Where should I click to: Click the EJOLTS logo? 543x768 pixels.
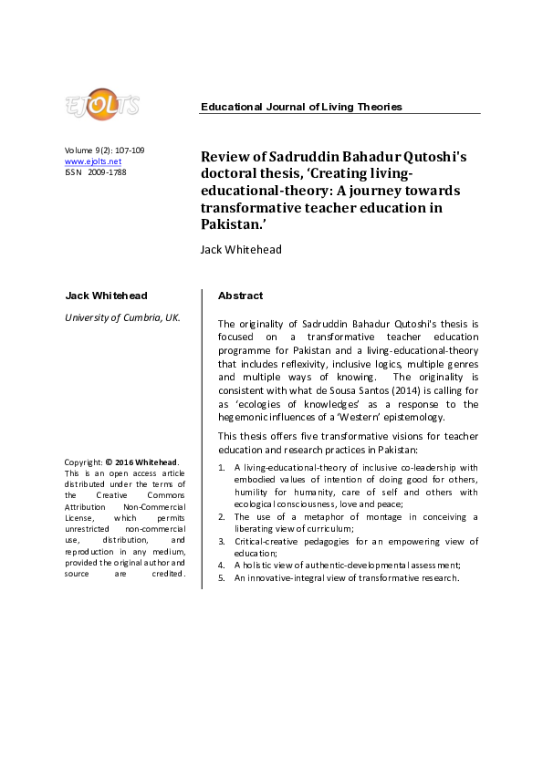101,104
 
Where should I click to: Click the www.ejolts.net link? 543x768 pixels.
93,161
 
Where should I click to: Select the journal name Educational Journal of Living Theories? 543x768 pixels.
301,107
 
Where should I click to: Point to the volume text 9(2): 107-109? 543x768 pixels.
118,150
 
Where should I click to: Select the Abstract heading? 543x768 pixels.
240,296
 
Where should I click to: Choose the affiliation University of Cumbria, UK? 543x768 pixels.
122,317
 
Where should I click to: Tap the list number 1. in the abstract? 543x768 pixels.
224,467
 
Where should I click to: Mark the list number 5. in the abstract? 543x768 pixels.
224,578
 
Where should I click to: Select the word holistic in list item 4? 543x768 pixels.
260,566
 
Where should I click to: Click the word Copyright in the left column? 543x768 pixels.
84,462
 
